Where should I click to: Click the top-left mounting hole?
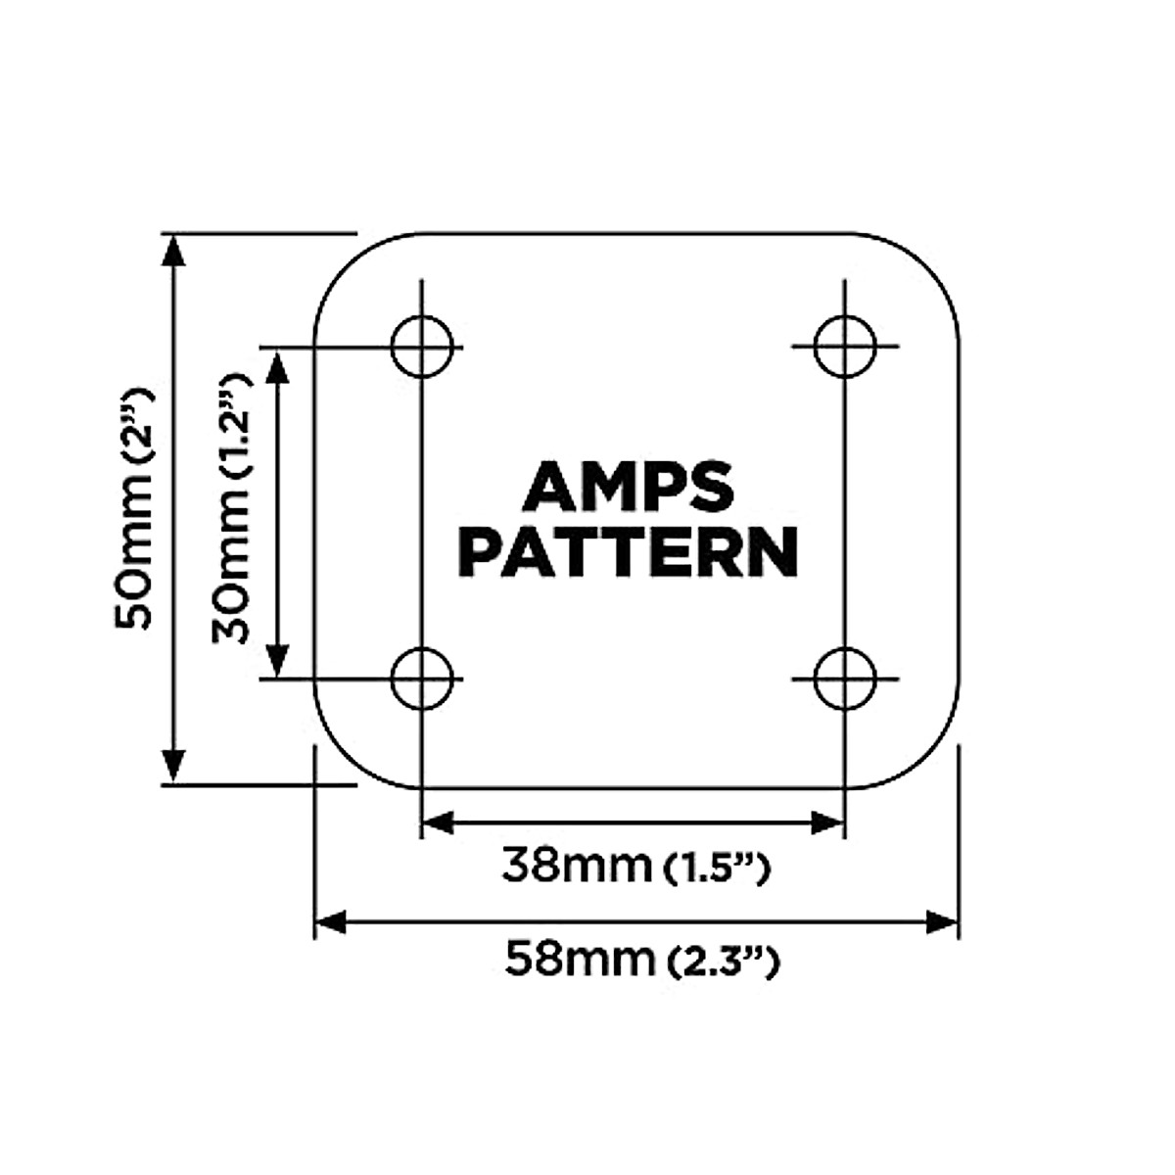pos(423,347)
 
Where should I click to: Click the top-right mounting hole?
pos(845,347)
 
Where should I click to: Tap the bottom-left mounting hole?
pos(423,679)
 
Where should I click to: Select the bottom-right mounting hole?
pos(845,679)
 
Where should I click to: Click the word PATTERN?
pos(629,553)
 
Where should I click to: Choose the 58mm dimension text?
pos(578,959)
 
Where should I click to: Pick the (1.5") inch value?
pos(715,869)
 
